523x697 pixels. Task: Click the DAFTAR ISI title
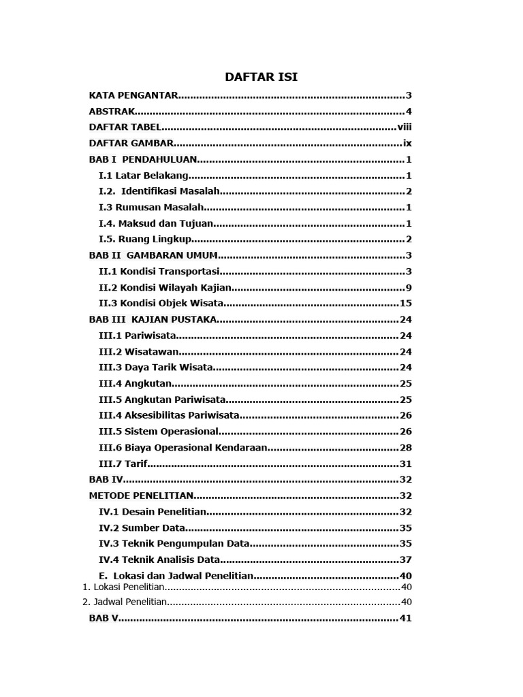coord(261,77)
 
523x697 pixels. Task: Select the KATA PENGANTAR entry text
coord(133,95)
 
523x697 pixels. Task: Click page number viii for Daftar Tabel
coord(405,127)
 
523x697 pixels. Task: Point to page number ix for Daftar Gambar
coord(407,144)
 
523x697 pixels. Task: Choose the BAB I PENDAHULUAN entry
coord(143,159)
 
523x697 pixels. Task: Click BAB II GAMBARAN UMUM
coord(153,255)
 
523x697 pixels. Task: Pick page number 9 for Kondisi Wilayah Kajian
coord(409,287)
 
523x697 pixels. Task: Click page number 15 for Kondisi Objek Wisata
coord(406,304)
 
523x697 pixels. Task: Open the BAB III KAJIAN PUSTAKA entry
coord(153,319)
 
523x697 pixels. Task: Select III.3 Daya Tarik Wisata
coord(156,368)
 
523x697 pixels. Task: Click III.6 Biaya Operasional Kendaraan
coord(183,447)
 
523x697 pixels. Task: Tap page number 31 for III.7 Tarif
coord(406,464)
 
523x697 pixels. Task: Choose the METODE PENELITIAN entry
coord(142,496)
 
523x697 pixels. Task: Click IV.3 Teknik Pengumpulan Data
coord(174,543)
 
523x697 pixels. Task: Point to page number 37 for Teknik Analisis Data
coord(406,560)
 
